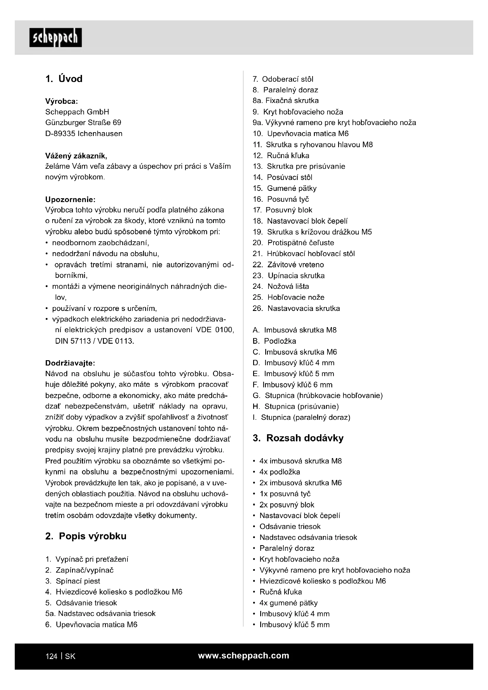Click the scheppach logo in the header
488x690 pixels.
coord(55,37)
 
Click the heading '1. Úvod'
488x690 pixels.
coord(64,79)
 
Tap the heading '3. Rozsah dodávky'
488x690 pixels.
coord(298,438)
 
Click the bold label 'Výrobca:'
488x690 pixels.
coord(62,101)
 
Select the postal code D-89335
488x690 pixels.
coord(60,134)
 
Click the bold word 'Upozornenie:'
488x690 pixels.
coord(70,199)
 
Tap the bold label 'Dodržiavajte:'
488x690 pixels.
coord(70,363)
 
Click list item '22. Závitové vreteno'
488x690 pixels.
coord(288,264)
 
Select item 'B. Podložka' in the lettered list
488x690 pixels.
coord(274,341)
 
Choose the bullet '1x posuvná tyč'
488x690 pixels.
coord(285,494)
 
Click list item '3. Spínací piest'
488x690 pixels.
coord(73,581)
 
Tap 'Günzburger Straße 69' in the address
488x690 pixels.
coord(83,123)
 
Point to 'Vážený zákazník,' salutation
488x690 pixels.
coord(76,156)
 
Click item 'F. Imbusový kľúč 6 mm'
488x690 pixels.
coord(293,385)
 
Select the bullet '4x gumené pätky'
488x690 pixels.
coord(289,603)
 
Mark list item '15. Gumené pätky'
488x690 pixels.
coord(284,188)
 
